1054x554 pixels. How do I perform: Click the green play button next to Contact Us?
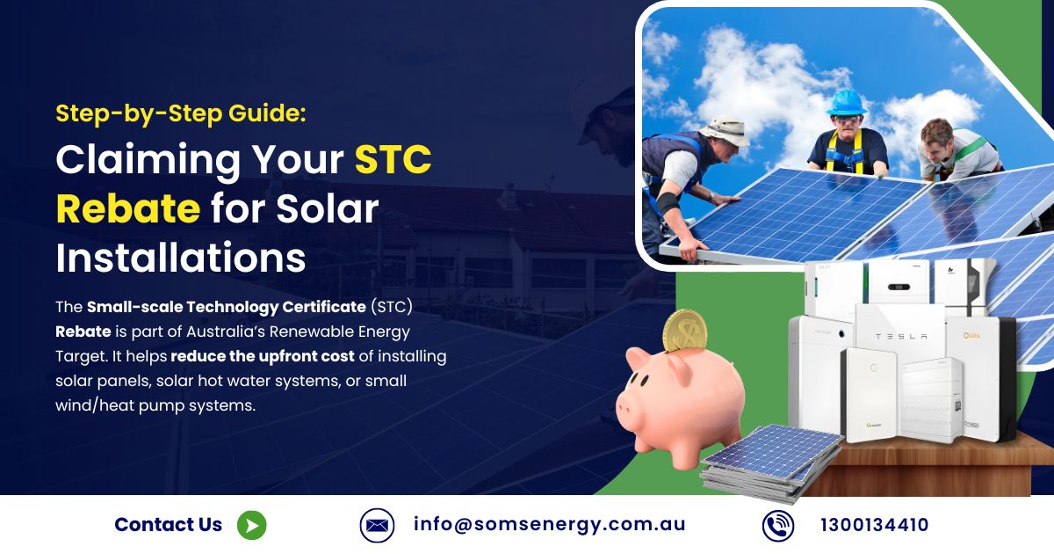click(252, 525)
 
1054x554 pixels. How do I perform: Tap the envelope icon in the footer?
click(377, 525)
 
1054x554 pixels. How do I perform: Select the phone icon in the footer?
click(778, 525)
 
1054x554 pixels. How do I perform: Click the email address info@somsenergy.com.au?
click(550, 524)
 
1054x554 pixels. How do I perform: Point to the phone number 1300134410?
click(874, 525)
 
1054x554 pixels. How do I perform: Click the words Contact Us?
click(168, 524)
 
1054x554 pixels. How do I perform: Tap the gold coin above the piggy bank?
click(685, 331)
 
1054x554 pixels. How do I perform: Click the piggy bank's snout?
click(625, 410)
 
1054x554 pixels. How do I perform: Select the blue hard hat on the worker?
click(847, 103)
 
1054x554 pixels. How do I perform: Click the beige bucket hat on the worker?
click(724, 130)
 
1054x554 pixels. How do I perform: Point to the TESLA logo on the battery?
click(901, 336)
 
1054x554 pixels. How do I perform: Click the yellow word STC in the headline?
click(393, 159)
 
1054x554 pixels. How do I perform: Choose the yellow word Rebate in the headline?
click(128, 208)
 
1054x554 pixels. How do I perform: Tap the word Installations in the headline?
click(181, 258)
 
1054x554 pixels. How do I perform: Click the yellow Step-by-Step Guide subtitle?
click(181, 113)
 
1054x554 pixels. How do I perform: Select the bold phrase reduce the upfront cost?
click(263, 356)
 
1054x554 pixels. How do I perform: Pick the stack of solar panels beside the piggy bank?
click(771, 463)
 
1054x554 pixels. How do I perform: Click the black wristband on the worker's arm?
click(668, 202)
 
